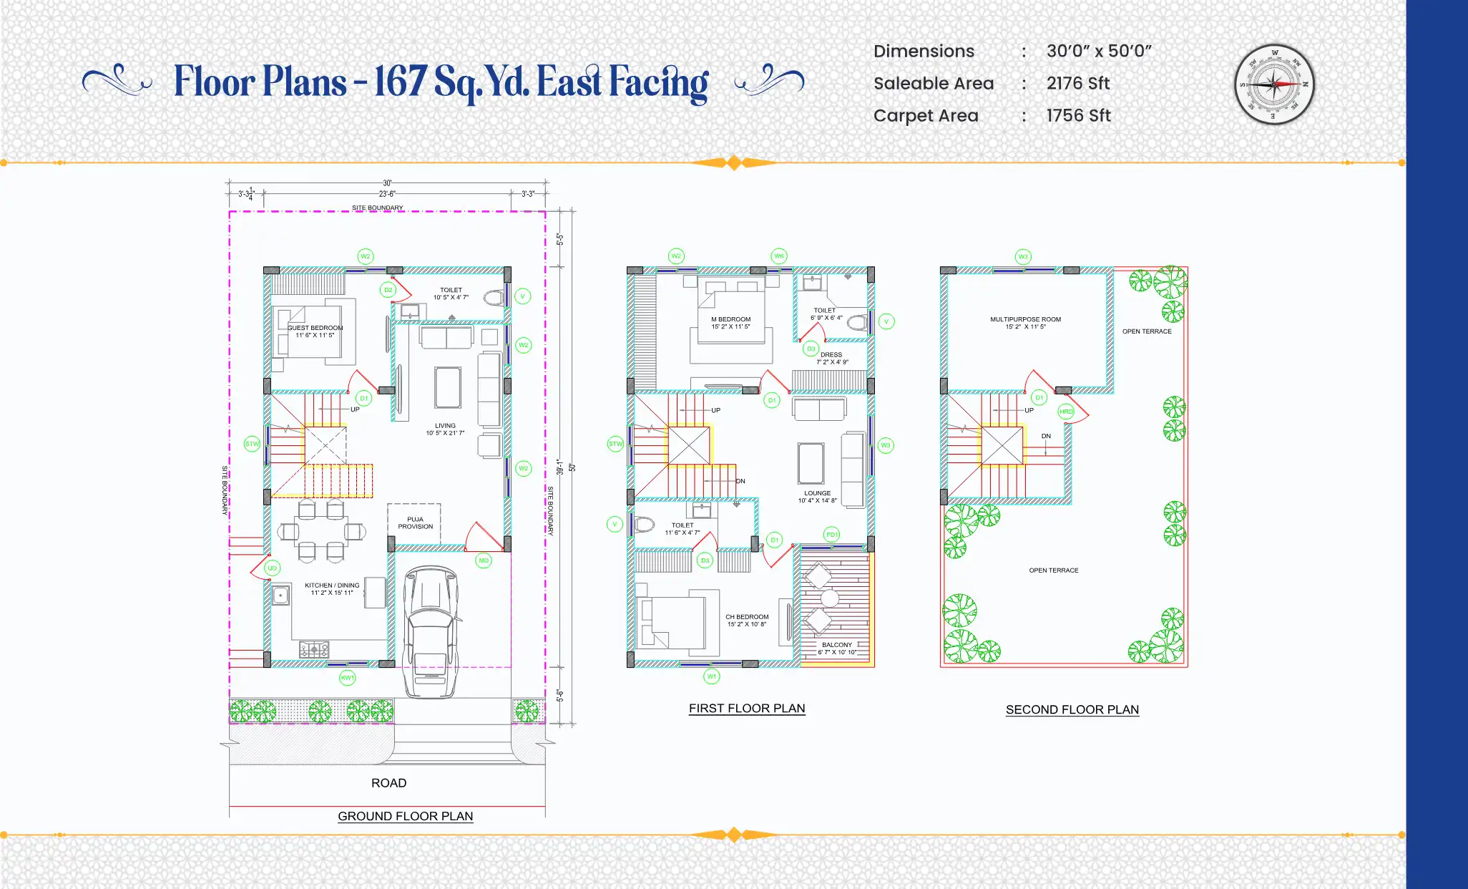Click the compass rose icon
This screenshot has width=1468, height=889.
tap(1274, 84)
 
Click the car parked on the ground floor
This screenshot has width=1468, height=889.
tap(430, 630)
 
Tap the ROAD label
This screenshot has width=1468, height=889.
tap(388, 783)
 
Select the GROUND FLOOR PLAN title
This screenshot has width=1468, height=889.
tap(405, 816)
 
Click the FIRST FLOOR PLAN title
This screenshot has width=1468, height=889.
tap(747, 708)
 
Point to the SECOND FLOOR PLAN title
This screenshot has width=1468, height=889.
tap(1072, 709)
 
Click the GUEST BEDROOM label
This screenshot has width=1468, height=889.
tap(315, 328)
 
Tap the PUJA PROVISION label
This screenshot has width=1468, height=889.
tap(415, 523)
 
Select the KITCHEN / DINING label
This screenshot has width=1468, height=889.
tap(332, 586)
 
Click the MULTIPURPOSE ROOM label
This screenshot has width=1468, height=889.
tap(1025, 320)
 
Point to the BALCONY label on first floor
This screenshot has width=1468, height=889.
tap(836, 645)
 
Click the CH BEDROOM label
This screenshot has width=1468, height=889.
tap(747, 617)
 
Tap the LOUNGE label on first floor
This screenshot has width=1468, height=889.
tap(817, 493)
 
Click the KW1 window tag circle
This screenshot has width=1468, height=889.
tap(347, 677)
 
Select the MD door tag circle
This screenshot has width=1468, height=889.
tap(484, 560)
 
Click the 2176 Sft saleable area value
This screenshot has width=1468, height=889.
tap(1077, 84)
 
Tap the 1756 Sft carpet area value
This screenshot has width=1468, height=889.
tap(1077, 116)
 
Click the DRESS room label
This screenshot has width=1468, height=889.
tap(831, 355)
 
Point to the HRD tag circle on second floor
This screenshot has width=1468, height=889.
tap(1066, 412)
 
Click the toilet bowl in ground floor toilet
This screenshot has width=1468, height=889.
tap(494, 298)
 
